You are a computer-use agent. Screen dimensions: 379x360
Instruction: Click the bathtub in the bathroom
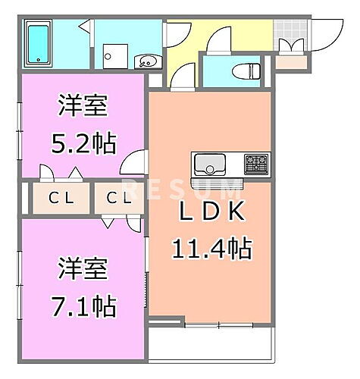pos(36,43)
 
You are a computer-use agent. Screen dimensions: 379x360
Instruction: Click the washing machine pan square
pos(115,55)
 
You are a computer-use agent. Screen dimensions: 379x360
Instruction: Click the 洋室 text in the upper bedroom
pos(84,105)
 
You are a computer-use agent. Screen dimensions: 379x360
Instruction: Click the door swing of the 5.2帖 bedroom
pos(137,164)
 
